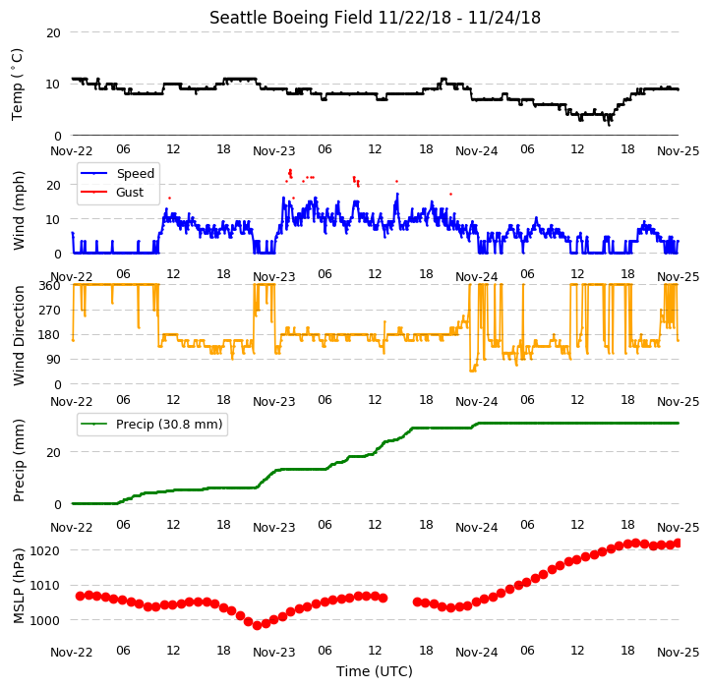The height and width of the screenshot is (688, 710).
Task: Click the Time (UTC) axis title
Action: pyautogui.click(x=375, y=670)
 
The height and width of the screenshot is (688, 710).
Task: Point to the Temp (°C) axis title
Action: pyautogui.click(x=17, y=85)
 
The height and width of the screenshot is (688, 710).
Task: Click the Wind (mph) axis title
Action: pyautogui.click(x=19, y=210)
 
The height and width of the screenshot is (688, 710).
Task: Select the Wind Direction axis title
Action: pyautogui.click(x=19, y=335)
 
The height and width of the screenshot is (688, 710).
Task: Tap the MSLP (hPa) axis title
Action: pyautogui.click(x=19, y=586)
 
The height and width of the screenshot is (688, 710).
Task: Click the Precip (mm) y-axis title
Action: pyautogui.click(x=19, y=460)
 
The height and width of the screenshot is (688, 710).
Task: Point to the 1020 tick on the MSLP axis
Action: pyautogui.click(x=45, y=550)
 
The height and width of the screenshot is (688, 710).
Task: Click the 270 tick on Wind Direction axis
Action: pyautogui.click(x=50, y=311)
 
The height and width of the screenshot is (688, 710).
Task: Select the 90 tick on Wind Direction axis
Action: pyautogui.click(x=53, y=360)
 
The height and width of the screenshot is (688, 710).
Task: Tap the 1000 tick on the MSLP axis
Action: pyautogui.click(x=45, y=620)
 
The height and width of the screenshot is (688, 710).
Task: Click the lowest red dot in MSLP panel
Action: pyautogui.click(x=257, y=625)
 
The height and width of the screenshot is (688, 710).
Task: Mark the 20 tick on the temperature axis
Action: pyautogui.click(x=53, y=32)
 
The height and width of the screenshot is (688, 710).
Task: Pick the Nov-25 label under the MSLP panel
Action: pyautogui.click(x=678, y=653)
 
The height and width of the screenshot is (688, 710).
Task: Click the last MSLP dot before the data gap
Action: pyautogui.click(x=384, y=598)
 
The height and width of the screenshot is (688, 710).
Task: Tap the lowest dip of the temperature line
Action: pyautogui.click(x=609, y=125)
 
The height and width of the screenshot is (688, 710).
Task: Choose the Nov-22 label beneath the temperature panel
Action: pyautogui.click(x=71, y=150)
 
